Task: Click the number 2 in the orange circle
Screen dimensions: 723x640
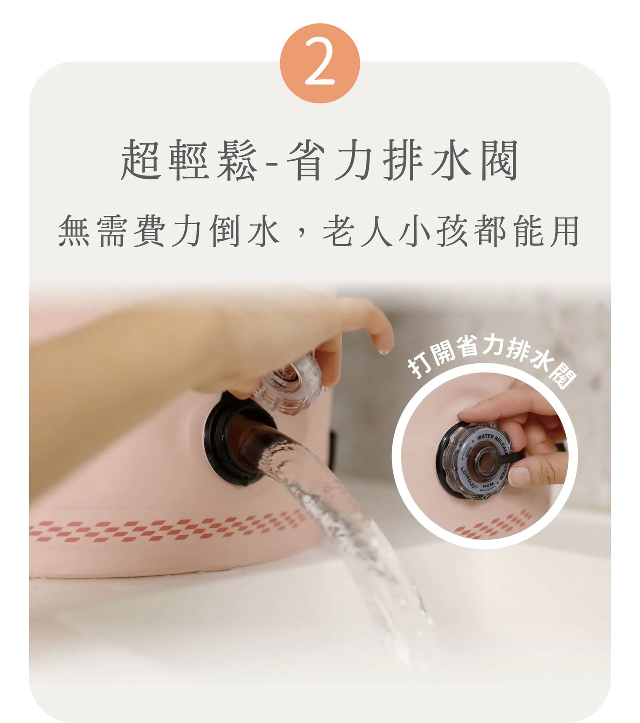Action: point(320,63)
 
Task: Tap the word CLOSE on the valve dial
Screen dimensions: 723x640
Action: point(488,486)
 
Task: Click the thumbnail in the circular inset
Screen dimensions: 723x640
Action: point(520,476)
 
